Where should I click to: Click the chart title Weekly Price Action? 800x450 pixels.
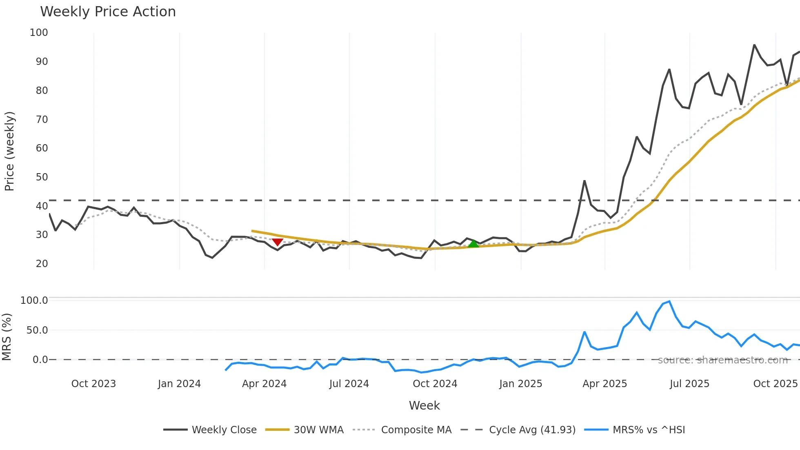108,12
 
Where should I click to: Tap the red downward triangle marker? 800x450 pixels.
278,242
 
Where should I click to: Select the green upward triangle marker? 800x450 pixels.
473,244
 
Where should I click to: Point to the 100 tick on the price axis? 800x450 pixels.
39,33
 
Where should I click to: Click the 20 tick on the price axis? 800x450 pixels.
42,264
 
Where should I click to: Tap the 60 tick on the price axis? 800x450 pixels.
42,148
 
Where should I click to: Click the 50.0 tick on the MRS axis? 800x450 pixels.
37,330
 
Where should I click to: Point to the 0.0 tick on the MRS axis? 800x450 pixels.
40,360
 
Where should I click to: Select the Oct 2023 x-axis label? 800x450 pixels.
93,384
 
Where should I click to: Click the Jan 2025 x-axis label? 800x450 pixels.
520,384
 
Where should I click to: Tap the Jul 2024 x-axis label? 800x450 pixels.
349,384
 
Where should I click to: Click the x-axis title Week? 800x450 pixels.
424,405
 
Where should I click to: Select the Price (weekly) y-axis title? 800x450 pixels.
9,151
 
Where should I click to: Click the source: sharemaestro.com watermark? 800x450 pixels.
722,360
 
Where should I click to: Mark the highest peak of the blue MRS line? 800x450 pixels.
669,301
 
